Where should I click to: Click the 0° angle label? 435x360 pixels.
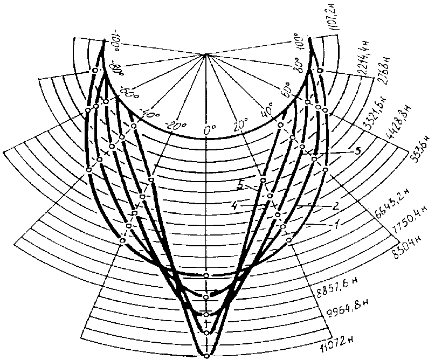209,130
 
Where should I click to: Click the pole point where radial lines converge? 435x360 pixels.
206,54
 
